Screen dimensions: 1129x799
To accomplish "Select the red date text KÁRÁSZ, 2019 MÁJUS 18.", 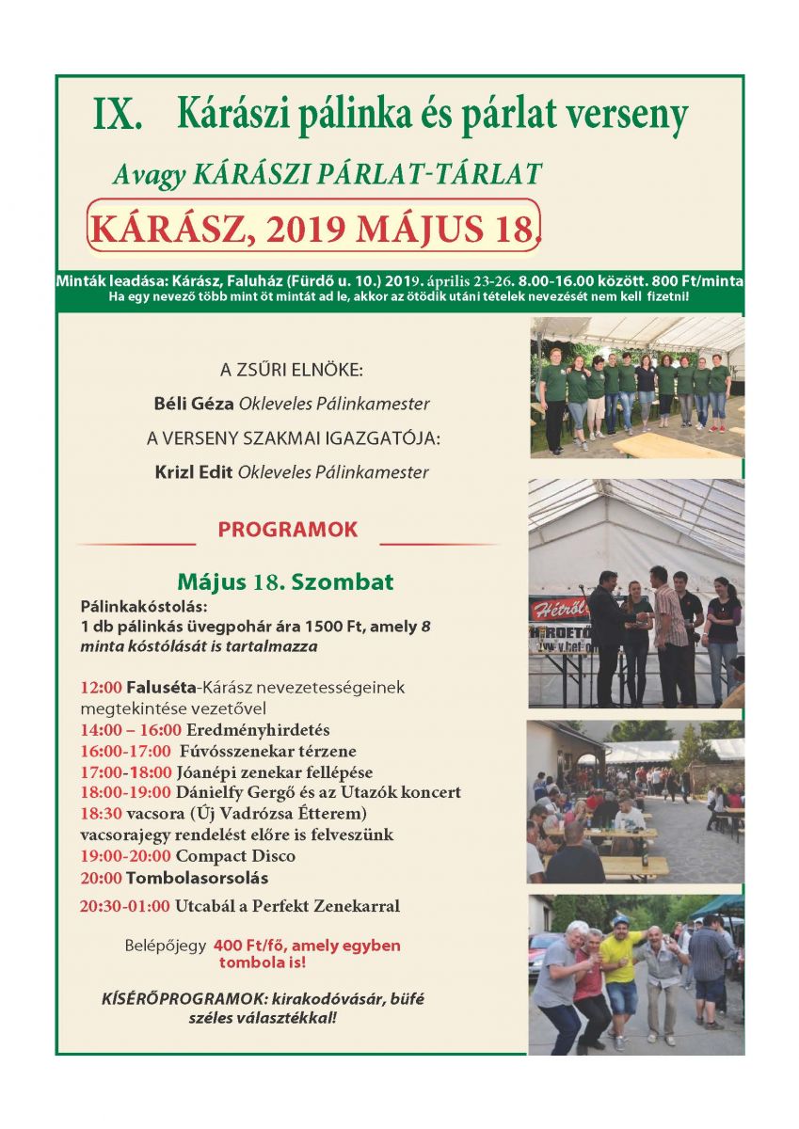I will (313, 228).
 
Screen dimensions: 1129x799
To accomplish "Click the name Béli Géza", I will (194, 404).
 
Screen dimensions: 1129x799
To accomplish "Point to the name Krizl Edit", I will (195, 472).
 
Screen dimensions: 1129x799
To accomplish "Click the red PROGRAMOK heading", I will (288, 530).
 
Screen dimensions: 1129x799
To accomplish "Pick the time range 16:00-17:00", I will (125, 751).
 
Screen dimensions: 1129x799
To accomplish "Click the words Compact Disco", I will (235, 856).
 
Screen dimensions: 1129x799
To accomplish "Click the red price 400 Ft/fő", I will (253, 946).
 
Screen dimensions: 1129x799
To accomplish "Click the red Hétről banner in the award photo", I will (561, 610).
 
